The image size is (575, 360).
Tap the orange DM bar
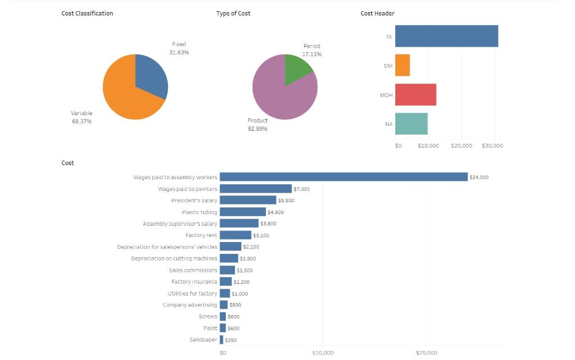(x=402, y=65)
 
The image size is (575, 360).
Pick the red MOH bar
(x=416, y=95)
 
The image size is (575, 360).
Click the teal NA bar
(x=411, y=124)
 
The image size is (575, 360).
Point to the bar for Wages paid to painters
(x=255, y=189)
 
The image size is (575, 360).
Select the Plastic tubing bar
(x=243, y=212)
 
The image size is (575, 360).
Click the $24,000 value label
(x=479, y=177)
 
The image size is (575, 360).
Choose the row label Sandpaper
(x=203, y=340)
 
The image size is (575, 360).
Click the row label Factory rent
(x=201, y=235)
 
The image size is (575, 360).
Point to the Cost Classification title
(x=87, y=13)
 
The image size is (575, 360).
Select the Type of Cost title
(x=233, y=13)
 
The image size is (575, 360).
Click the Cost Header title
(x=377, y=13)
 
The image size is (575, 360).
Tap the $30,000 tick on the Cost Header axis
(x=492, y=145)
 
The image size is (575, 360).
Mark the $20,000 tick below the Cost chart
(x=426, y=353)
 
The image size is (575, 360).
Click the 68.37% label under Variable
(x=81, y=121)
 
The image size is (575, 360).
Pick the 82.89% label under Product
(x=258, y=129)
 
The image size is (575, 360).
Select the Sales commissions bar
(x=227, y=270)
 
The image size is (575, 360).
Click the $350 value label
(x=230, y=340)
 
